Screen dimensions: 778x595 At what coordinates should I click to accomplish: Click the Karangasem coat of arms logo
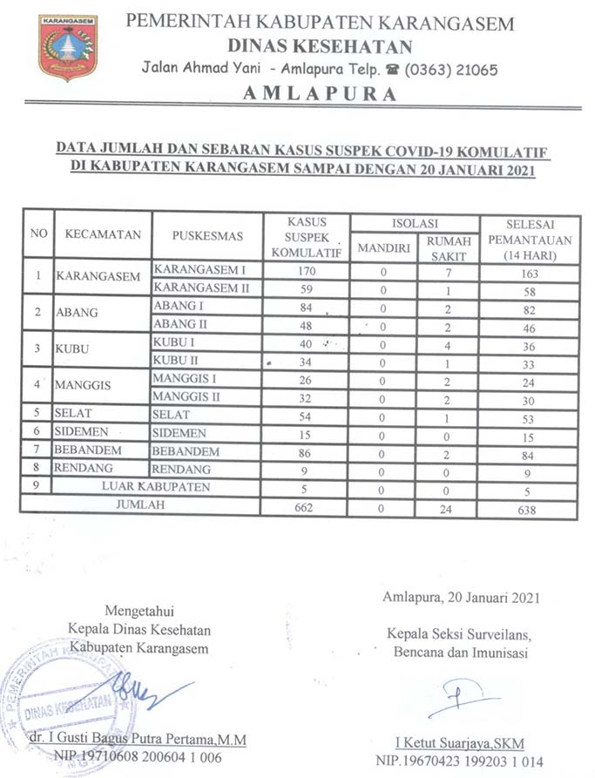(x=68, y=47)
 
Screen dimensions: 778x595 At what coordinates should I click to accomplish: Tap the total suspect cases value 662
(x=306, y=506)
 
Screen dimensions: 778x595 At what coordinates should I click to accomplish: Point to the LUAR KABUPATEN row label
(x=156, y=486)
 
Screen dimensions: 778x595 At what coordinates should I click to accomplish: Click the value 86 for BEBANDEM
(x=306, y=450)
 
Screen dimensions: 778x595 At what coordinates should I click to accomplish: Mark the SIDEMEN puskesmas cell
(x=179, y=433)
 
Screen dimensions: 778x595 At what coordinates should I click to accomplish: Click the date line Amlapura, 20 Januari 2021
(x=461, y=598)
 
